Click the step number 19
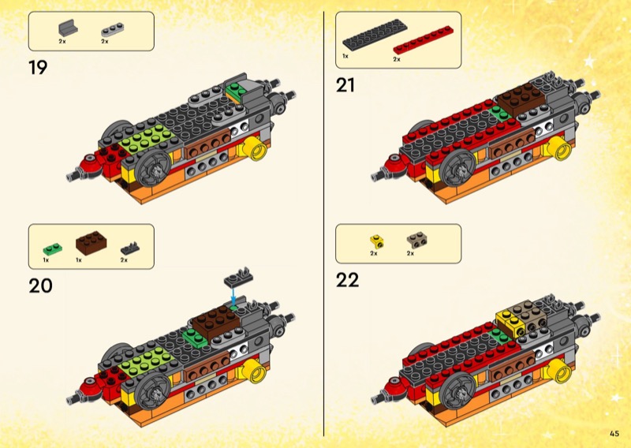[x=38, y=67]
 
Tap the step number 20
[x=40, y=284]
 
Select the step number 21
[x=345, y=85]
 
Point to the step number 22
[x=348, y=279]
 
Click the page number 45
[x=614, y=432]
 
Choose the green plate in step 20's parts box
[x=51, y=246]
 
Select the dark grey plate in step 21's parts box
[x=367, y=37]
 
